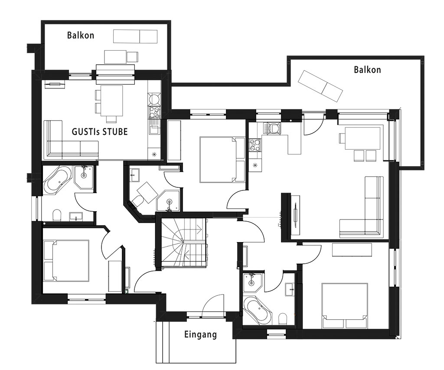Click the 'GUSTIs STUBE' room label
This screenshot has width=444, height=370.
[100, 132]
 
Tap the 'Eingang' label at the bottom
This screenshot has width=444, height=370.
[200, 334]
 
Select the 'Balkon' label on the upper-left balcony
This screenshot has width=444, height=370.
[81, 35]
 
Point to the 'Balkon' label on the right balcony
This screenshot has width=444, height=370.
[367, 70]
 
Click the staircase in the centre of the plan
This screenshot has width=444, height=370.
[184, 242]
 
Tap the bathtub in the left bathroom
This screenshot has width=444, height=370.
[58, 179]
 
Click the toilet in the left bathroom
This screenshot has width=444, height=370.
[57, 215]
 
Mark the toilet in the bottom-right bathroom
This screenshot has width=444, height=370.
[283, 318]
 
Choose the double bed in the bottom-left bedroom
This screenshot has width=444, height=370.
[66, 261]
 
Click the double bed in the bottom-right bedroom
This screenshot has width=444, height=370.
[345, 305]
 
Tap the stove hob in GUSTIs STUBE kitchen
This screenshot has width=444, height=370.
[154, 112]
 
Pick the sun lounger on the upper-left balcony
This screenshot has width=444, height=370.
[135, 36]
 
